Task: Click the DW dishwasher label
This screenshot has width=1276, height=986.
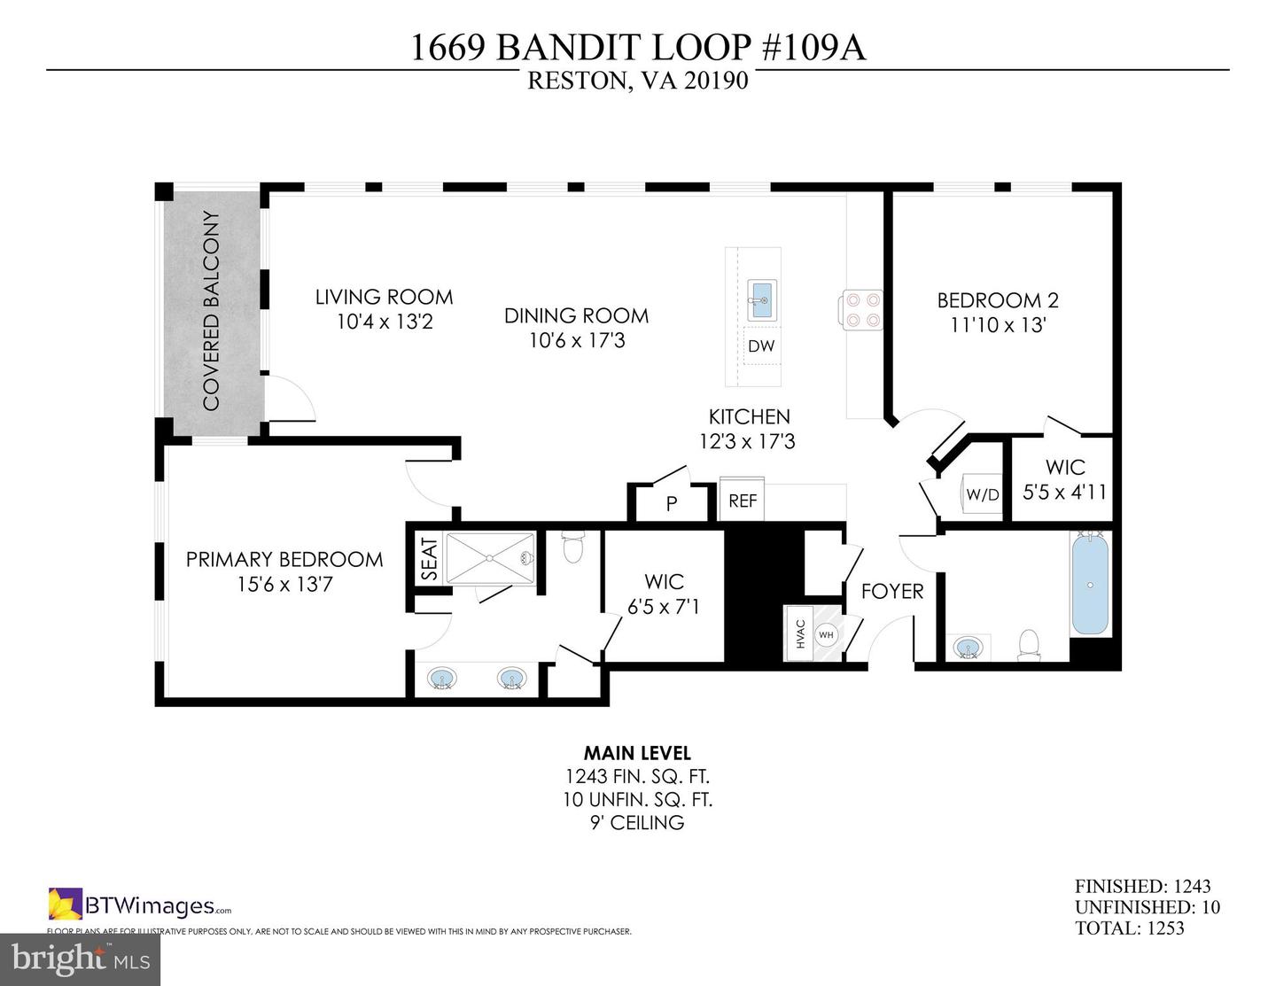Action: point(760,346)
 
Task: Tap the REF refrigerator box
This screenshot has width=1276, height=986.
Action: point(743,501)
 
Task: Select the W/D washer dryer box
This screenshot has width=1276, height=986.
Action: point(982,494)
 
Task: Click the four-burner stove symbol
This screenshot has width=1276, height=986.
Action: point(861,310)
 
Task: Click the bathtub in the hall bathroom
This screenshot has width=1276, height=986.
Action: point(1090,584)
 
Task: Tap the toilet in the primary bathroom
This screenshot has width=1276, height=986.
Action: point(573,547)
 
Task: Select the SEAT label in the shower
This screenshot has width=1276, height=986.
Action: point(428,559)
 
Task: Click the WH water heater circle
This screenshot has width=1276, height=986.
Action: point(826,634)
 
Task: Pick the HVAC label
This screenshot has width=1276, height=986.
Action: point(800,634)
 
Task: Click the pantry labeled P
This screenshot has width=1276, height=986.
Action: point(672,504)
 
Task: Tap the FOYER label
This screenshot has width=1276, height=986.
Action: point(892,591)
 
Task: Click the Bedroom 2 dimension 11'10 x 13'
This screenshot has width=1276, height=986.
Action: point(998,325)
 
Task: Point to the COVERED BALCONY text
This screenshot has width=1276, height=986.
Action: point(211,311)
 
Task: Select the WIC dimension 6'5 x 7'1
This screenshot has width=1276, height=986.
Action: point(664,607)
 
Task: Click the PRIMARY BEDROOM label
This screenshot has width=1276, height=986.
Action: point(284,559)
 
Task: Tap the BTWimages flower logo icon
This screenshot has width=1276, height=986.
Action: point(65,904)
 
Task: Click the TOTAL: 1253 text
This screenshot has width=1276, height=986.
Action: point(1129,928)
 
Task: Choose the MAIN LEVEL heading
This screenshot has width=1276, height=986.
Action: point(637,753)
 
